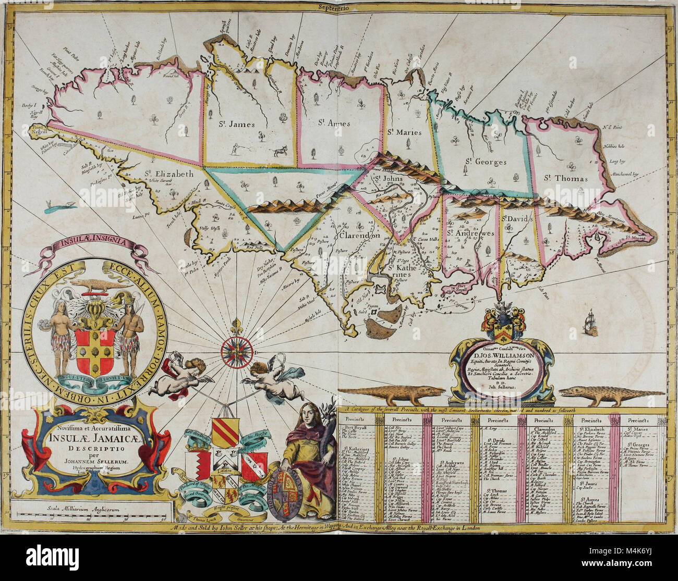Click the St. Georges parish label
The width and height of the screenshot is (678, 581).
tap(486, 162)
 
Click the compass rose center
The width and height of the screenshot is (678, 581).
tap(232, 349)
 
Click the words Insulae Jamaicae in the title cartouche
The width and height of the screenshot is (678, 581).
tap(92, 439)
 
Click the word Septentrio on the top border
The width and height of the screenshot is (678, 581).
tap(340, 7)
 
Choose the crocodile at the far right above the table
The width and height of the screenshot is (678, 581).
tap(597, 395)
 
